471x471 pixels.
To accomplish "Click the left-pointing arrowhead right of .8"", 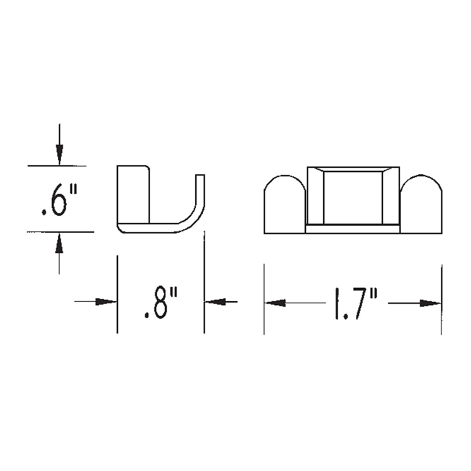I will click(x=215, y=302).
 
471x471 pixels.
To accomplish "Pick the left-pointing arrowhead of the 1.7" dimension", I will click(x=276, y=303).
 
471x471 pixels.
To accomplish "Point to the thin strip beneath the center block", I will click(x=352, y=228).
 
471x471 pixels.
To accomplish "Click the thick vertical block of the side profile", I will click(x=133, y=194).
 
